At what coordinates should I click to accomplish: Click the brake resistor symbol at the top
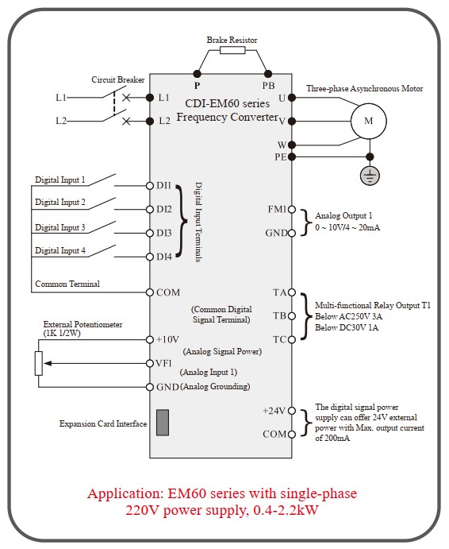[232, 50]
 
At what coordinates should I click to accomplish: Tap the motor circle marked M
[369, 121]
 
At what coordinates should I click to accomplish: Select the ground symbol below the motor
[370, 175]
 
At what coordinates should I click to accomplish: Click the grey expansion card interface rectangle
[163, 422]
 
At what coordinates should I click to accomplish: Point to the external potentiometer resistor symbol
[39, 363]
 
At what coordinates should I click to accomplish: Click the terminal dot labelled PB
[268, 74]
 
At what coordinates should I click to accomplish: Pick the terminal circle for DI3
[150, 233]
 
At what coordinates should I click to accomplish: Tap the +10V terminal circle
[150, 339]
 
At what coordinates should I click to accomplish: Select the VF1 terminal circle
[150, 363]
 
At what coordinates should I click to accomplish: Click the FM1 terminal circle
[292, 210]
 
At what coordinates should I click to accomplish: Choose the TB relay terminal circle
[292, 316]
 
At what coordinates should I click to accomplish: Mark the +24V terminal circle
[292, 410]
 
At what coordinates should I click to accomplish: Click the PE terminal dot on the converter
[292, 157]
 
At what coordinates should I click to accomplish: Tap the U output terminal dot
[292, 98]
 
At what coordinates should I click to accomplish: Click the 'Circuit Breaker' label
[118, 79]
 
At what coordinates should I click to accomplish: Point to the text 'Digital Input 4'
[60, 251]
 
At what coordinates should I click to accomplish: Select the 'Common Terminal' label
[67, 284]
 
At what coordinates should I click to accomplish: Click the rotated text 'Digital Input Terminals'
[198, 222]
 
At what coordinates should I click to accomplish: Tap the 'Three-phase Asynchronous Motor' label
[365, 88]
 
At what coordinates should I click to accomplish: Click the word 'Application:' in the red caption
[126, 493]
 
